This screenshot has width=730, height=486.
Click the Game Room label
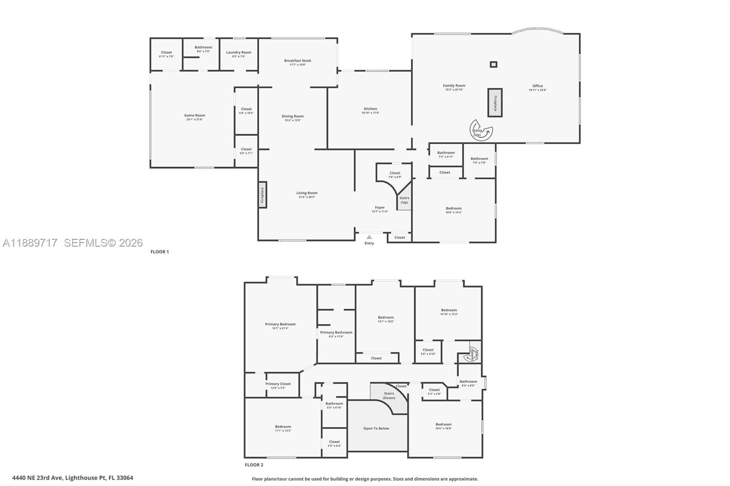[194, 115]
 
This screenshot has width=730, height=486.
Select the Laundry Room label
[239, 52]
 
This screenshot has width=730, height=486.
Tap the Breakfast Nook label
[297, 61]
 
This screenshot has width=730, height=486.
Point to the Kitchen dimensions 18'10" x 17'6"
[370, 113]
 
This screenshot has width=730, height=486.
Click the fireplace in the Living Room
[262, 195]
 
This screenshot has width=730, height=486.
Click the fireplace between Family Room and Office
[495, 103]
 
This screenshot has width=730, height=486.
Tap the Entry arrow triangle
[369, 237]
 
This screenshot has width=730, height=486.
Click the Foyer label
[380, 207]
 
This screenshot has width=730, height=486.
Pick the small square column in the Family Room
[493, 64]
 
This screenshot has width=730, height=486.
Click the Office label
[537, 86]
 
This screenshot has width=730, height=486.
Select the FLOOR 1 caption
[160, 252]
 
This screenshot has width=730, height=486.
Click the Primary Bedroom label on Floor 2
[280, 324]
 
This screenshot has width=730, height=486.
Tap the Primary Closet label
[278, 384]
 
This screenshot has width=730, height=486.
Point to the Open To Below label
[376, 429]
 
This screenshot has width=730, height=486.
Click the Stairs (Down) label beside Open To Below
[389, 396]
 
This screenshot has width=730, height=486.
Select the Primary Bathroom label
[336, 332]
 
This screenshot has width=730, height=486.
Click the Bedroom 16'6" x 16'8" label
[443, 424]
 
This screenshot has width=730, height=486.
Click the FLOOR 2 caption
[254, 465]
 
